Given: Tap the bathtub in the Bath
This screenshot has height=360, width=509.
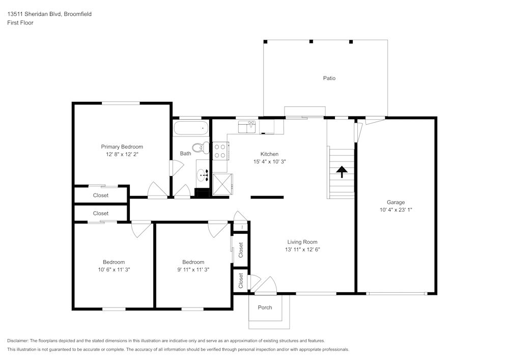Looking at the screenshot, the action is click(x=191, y=128).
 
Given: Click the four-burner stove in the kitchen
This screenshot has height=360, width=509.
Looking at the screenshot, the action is click(x=220, y=151).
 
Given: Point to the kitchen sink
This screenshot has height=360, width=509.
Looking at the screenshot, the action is click(x=247, y=127).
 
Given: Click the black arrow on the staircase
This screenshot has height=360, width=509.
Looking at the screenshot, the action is click(x=342, y=172).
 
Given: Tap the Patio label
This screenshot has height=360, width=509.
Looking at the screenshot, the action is click(x=329, y=78).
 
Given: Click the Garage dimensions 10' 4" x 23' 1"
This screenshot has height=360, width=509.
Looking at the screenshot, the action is click(x=395, y=210).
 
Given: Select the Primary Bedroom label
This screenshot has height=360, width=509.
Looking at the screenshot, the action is click(x=122, y=147).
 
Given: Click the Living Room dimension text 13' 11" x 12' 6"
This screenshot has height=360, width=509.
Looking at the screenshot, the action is click(x=302, y=250).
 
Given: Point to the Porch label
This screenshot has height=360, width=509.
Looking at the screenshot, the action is click(x=265, y=308).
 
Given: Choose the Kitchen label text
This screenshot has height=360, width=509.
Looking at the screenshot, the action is click(x=269, y=154).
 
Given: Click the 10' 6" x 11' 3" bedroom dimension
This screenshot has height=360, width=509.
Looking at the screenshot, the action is click(x=114, y=269).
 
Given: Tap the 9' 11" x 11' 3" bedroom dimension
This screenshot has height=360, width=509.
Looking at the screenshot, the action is click(x=193, y=269).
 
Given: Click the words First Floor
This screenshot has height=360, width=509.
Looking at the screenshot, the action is click(x=20, y=23).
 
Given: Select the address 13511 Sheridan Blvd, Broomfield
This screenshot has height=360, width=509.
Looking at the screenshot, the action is click(x=49, y=14).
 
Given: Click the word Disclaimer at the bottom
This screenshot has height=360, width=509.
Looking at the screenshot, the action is click(x=17, y=341).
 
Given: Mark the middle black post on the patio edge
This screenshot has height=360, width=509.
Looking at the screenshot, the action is click(x=311, y=42).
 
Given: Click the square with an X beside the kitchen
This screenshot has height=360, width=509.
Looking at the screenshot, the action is click(x=223, y=184).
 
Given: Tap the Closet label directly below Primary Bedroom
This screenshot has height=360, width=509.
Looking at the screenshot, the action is click(x=101, y=195).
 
